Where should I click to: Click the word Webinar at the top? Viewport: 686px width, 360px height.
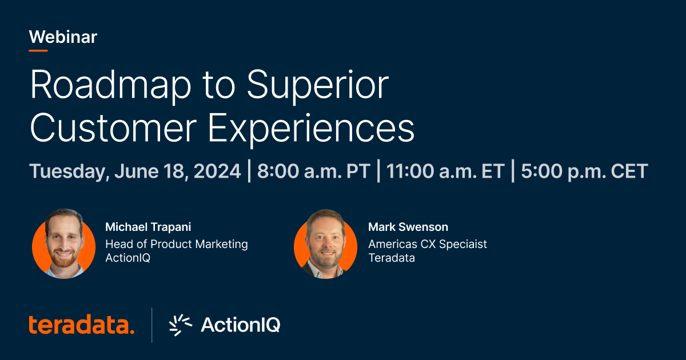63,37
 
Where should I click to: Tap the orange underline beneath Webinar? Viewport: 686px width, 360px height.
38,50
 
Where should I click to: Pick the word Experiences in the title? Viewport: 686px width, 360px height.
312,130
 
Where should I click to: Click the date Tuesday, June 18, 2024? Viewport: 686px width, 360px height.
135,171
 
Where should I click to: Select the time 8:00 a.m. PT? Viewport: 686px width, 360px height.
313,171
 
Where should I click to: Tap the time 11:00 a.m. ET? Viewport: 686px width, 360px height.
445,171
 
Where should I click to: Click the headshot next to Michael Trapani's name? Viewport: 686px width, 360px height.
63,245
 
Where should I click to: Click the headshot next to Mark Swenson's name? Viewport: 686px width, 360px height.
325,245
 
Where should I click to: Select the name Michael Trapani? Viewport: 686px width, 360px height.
148,227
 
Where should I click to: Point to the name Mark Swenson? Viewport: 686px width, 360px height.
408,227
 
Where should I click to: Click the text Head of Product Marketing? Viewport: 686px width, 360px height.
177,244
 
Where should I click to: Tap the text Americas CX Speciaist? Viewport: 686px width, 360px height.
428,244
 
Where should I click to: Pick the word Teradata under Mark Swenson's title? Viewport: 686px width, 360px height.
392,258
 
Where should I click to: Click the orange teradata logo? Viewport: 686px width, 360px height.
82,325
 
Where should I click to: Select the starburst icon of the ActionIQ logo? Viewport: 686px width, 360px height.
181,325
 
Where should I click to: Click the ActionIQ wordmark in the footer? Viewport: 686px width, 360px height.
240,325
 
